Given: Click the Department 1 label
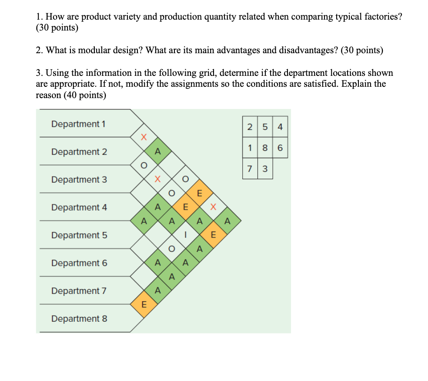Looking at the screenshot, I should tap(78, 124).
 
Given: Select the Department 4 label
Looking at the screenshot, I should tap(78, 208).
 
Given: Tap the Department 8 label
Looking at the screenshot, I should tap(79, 319).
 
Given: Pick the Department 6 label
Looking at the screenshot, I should tap(79, 263).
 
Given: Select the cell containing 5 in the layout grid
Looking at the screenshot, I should tap(265, 127).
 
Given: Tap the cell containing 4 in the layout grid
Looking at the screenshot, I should tap(280, 127).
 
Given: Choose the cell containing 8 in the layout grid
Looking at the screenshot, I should tap(265, 148).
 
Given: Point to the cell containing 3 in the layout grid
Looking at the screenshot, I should tap(265, 169).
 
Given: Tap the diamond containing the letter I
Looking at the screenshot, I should tap(185, 235).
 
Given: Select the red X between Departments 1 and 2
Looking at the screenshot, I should tap(144, 137).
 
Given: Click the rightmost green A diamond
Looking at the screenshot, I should tap(227, 221).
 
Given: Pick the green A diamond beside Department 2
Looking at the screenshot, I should tap(157, 152).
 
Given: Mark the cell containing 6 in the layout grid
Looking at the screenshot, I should tap(280, 148).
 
